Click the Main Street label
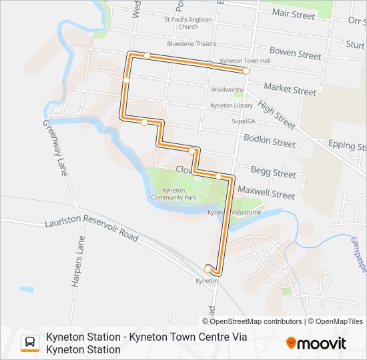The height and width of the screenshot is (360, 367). tap(293, 14)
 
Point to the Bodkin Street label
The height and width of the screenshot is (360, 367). tap(270, 143)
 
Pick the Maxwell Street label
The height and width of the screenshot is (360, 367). tap(266, 195)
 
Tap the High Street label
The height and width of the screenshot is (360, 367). tap(276, 114)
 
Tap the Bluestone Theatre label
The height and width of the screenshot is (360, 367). tap(192, 44)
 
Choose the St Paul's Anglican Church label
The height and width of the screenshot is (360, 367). tap(188, 23)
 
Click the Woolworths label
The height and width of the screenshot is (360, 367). tap(227, 89)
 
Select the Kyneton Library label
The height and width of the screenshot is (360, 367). tap(232, 105)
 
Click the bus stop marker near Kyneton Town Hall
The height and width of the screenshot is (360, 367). tap(246, 71)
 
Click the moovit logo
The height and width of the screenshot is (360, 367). tap(316, 343)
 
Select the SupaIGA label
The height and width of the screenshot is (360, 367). tap(244, 121)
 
